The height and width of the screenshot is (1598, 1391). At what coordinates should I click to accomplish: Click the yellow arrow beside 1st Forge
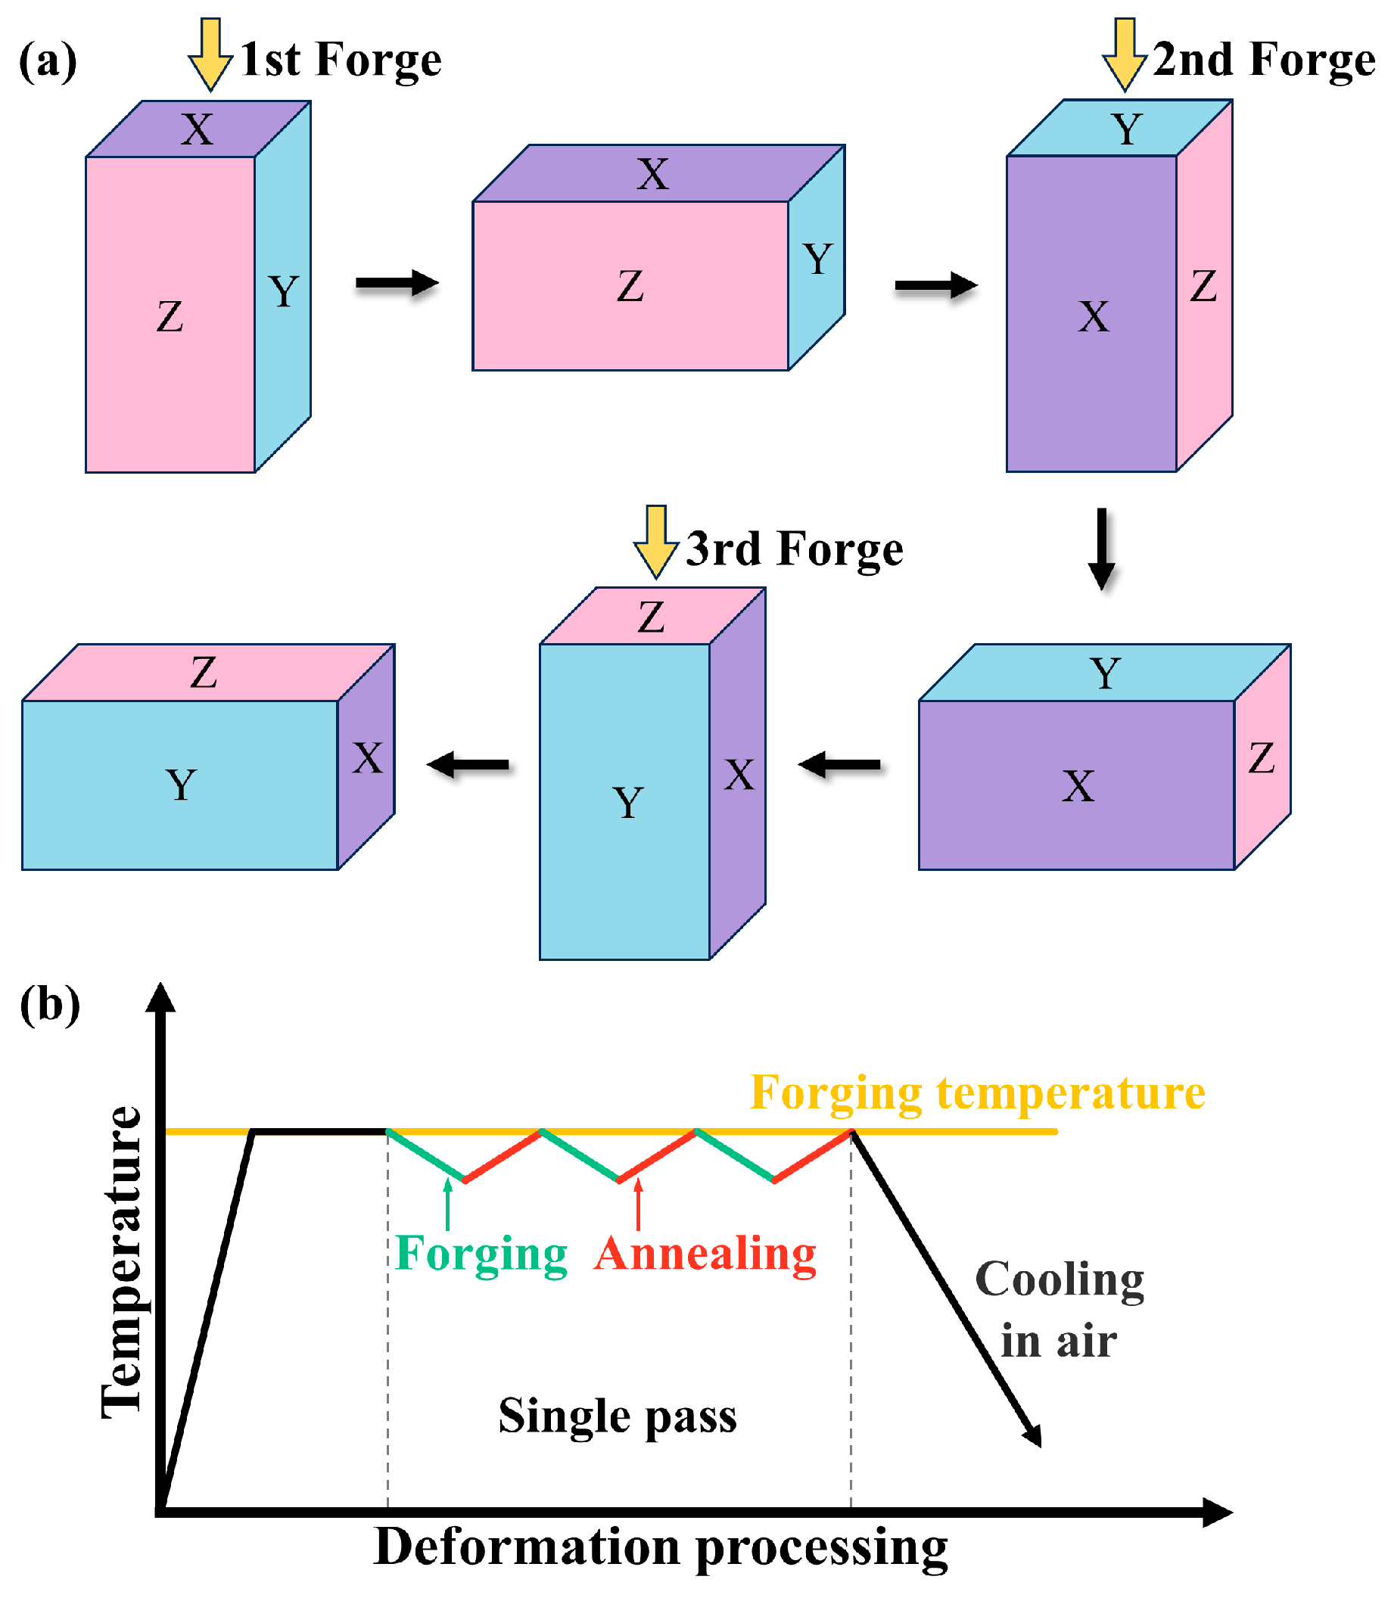point(210,54)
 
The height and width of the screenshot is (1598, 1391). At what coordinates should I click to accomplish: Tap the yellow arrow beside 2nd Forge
point(1125,54)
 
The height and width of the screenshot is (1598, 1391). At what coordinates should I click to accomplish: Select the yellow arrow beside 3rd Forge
point(656,542)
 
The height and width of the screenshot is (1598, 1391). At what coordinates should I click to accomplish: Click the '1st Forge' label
point(341,60)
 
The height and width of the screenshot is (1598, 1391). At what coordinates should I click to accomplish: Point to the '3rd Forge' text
point(795,549)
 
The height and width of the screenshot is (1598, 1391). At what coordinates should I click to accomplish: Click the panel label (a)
point(48,61)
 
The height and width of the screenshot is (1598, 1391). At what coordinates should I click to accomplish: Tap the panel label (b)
point(50,1006)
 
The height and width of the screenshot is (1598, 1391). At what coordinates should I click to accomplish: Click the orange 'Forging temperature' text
point(978,1093)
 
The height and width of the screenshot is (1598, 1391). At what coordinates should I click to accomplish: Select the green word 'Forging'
point(481,1254)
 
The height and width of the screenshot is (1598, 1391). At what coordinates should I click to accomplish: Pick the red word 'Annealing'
point(705,1254)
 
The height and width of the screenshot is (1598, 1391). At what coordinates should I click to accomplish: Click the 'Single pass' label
point(618,1416)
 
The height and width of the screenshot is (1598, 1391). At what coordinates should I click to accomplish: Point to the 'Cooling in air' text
point(1060,1310)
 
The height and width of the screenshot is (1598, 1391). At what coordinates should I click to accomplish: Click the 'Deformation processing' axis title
point(661,1548)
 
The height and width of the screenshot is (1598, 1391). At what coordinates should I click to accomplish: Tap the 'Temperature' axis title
point(122,1263)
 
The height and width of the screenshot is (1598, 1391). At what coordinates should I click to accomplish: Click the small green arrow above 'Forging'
point(448,1204)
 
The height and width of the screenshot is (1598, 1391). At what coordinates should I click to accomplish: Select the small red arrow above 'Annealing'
point(638,1204)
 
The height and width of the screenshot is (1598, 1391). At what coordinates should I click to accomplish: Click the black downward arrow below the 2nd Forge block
point(1101,549)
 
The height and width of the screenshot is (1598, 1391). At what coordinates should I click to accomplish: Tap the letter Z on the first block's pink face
point(170,317)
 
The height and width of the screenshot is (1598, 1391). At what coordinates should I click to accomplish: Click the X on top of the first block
point(198,129)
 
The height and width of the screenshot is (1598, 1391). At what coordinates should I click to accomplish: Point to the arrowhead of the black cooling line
point(1033,1437)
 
